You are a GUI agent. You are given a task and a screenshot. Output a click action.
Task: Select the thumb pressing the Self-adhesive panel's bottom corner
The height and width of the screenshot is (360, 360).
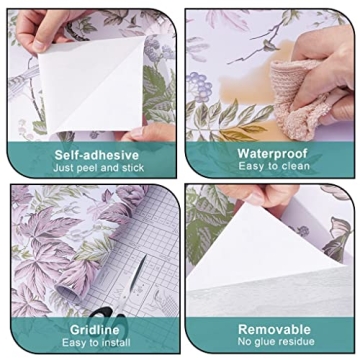pos(155,131)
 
